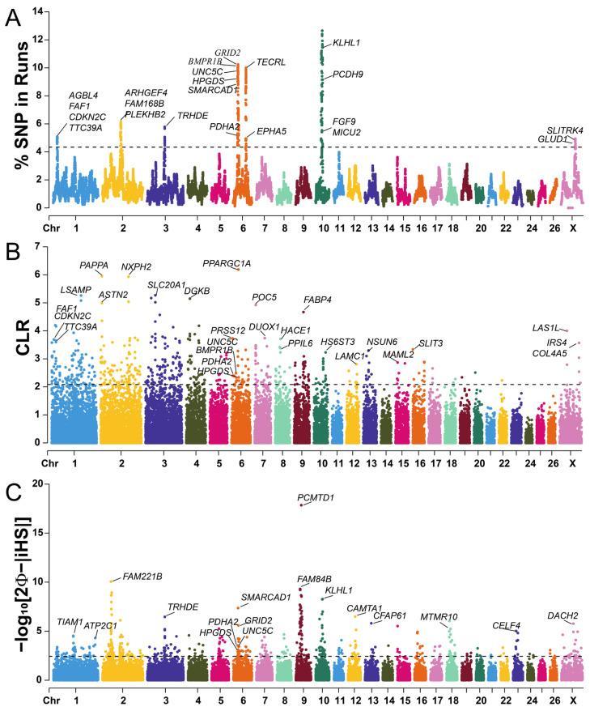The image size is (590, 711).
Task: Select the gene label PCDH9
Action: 349,75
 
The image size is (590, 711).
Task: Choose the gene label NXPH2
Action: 136,266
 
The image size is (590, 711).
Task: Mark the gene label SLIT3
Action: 431,343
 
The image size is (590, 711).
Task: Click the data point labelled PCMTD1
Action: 301,505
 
